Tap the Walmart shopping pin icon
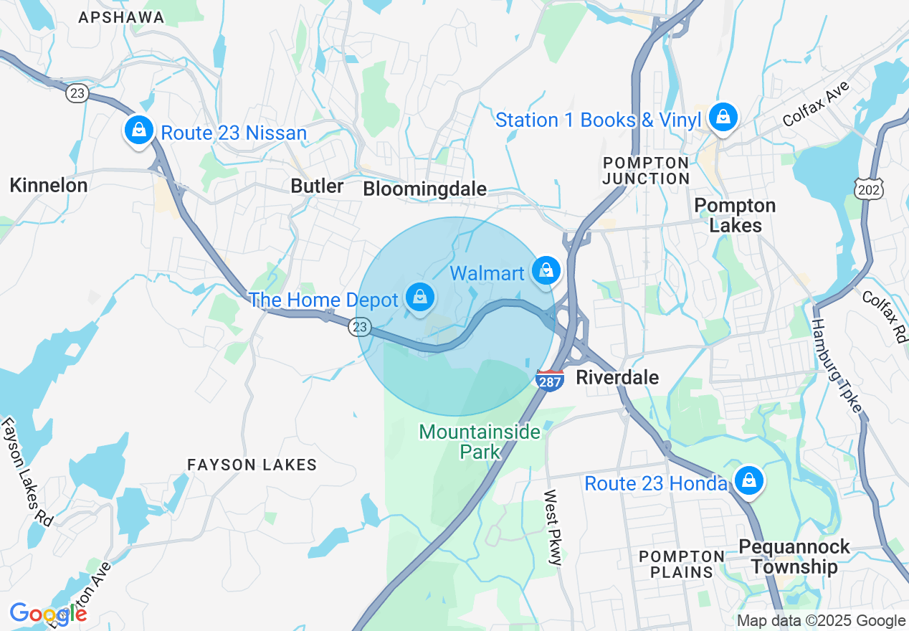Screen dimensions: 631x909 pyautogui.click(x=546, y=270)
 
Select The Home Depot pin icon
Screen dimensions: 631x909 pyautogui.click(x=419, y=297)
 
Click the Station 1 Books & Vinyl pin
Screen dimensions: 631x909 pyautogui.click(x=723, y=117)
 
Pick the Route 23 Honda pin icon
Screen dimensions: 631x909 pyautogui.click(x=749, y=480)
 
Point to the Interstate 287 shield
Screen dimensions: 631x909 pyautogui.click(x=549, y=380)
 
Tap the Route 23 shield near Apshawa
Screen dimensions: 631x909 pyautogui.click(x=77, y=93)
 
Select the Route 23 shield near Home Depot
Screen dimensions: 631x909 pyautogui.click(x=360, y=327)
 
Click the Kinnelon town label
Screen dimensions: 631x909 pyautogui.click(x=49, y=186)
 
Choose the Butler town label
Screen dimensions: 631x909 pyautogui.click(x=317, y=186)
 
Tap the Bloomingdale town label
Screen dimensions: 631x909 pyautogui.click(x=425, y=189)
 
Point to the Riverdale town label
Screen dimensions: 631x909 pyautogui.click(x=617, y=377)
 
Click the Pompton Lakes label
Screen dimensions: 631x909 pyautogui.click(x=735, y=216)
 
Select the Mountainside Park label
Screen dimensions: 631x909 pyautogui.click(x=480, y=442)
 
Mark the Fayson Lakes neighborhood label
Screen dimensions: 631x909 pyautogui.click(x=252, y=465)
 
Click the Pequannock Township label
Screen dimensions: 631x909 pyautogui.click(x=794, y=556)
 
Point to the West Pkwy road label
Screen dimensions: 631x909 pyautogui.click(x=551, y=527)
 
